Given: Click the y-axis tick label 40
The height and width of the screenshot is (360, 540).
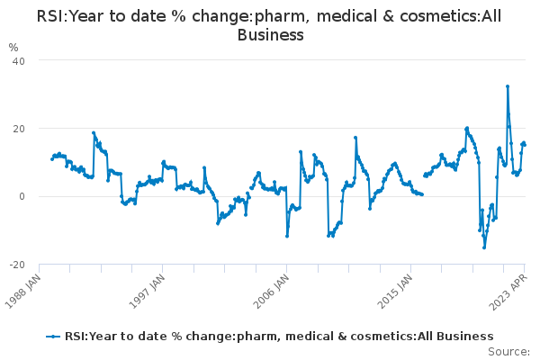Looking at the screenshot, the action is pyautogui.click(x=19, y=61).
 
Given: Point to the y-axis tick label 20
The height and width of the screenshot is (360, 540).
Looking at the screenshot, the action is pyautogui.click(x=19, y=129).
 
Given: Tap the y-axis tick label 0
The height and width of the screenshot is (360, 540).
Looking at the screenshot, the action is pyautogui.click(x=22, y=197).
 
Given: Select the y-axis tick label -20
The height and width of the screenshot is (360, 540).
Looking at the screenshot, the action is pyautogui.click(x=17, y=265).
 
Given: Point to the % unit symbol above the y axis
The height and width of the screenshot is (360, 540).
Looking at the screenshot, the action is pyautogui.click(x=13, y=47).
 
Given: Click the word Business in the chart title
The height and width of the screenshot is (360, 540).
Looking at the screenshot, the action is pyautogui.click(x=270, y=35).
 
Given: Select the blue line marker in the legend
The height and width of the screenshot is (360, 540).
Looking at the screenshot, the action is pyautogui.click(x=53, y=337).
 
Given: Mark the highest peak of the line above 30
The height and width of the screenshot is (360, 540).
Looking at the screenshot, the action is pyautogui.click(x=508, y=86).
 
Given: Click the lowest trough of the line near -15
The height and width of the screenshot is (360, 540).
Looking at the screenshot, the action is pyautogui.click(x=484, y=247).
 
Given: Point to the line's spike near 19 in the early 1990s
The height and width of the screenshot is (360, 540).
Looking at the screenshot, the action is pyautogui.click(x=94, y=132).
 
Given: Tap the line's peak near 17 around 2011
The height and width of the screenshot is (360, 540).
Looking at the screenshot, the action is pyautogui.click(x=355, y=138).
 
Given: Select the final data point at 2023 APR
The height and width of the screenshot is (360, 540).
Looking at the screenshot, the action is pyautogui.click(x=525, y=145).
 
